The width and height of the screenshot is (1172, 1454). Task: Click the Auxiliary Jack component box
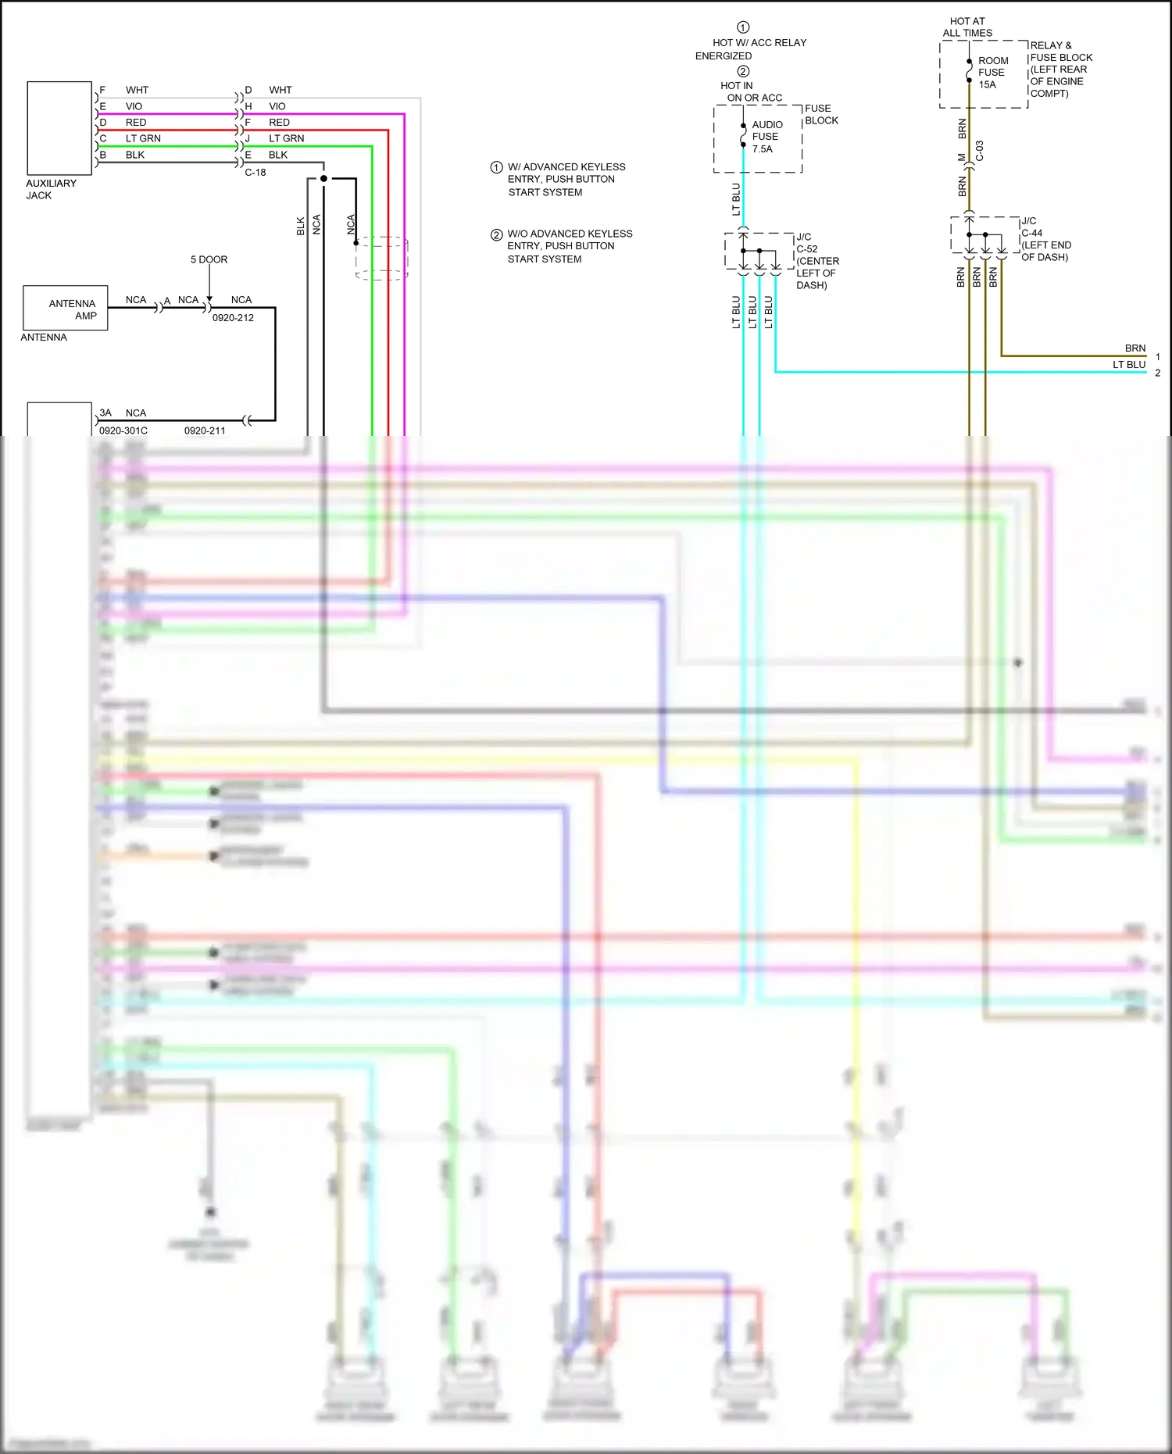(x=59, y=128)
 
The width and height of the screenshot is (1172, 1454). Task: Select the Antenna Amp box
(x=66, y=309)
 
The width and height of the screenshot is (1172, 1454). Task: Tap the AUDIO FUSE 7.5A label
(x=766, y=137)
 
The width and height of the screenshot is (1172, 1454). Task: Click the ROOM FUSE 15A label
(x=992, y=73)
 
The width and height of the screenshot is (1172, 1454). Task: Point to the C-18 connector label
(x=255, y=173)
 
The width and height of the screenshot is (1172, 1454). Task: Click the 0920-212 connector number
(x=233, y=318)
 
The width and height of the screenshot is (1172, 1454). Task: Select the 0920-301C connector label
(x=123, y=430)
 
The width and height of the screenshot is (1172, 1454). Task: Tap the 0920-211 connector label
(x=205, y=430)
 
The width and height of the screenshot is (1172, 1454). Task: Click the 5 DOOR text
(x=209, y=259)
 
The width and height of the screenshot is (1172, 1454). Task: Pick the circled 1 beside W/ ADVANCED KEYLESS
(x=496, y=167)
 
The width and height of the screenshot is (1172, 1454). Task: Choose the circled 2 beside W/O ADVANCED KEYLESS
(x=496, y=234)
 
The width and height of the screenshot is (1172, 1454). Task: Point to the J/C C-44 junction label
(x=1031, y=227)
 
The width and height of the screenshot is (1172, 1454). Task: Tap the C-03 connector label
(x=980, y=152)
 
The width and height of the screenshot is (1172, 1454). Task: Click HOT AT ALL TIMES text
(x=967, y=27)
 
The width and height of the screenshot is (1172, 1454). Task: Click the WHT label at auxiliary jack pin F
(x=137, y=90)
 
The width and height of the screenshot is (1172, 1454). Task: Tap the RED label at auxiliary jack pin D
(x=136, y=123)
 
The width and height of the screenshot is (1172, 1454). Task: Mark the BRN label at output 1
(x=1134, y=348)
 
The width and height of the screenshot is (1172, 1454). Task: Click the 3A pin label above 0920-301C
(x=105, y=413)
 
